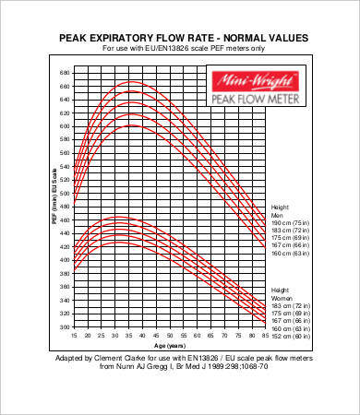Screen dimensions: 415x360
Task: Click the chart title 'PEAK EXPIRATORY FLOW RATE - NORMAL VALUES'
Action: pyautogui.click(x=184, y=38)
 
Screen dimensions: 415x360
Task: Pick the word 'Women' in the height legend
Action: pyautogui.click(x=281, y=298)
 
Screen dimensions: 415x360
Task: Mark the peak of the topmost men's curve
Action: pyautogui.click(x=133, y=82)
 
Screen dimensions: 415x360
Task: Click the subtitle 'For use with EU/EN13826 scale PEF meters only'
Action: pyautogui.click(x=184, y=48)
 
